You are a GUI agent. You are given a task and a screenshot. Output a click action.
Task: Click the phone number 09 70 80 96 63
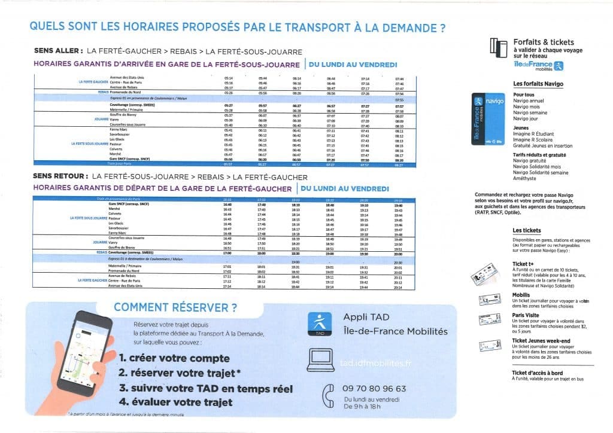click(375, 388)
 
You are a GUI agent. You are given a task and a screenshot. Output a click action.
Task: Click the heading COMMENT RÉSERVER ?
click(175, 308)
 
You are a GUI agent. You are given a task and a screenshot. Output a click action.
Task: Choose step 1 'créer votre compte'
click(174, 358)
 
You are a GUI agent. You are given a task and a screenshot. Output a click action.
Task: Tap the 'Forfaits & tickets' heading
click(544, 42)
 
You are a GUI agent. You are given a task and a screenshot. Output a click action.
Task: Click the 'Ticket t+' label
click(524, 264)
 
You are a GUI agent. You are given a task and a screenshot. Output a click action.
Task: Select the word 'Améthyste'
click(526, 179)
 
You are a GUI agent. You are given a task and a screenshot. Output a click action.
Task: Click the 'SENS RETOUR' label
click(57, 178)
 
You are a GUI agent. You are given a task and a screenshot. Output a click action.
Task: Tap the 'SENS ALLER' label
click(55, 52)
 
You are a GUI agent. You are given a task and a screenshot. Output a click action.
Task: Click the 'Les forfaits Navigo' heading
click(538, 84)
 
